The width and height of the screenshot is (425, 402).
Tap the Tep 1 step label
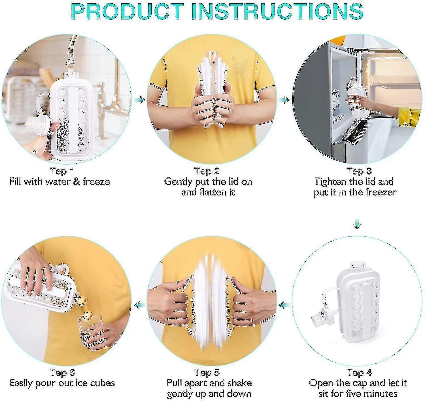tap(62, 171)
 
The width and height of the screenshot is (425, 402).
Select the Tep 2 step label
tap(207, 171)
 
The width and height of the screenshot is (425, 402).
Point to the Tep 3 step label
tap(359, 171)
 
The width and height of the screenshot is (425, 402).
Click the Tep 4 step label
tap(359, 372)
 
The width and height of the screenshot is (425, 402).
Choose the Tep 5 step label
tap(207, 372)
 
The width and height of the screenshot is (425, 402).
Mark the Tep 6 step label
tap(62, 372)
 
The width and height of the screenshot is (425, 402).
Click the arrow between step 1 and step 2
tap(140, 100)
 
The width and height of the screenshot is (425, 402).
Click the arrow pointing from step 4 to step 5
tap(284, 305)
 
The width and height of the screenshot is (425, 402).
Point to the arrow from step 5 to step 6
tap(140, 305)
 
